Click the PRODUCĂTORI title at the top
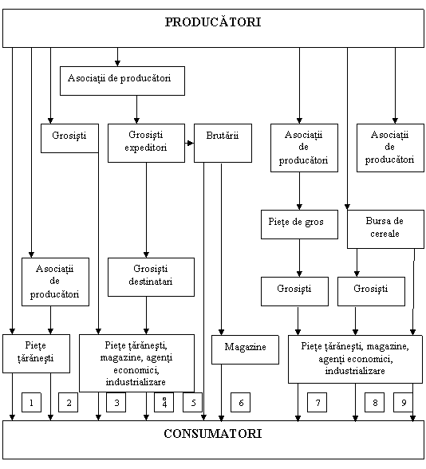tap(213, 22)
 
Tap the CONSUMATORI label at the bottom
tap(213, 434)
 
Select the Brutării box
tap(223, 144)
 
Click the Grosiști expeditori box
tap(146, 144)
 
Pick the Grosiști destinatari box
tap(151, 278)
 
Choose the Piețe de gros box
tap(299, 224)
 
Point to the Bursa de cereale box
tap(385, 229)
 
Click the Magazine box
tap(246, 349)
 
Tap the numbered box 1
tap(31, 402)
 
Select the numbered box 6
tap(241, 402)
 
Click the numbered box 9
tap(404, 402)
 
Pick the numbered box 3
tap(116, 402)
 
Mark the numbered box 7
tap(318, 402)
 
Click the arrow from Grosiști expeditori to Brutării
tap(189, 144)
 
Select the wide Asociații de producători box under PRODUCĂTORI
tap(122, 81)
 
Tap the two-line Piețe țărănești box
tap(36, 354)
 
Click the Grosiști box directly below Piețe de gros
tap(294, 291)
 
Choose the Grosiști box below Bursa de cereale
tap(371, 291)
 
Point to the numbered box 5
tap(193, 402)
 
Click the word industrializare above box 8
tap(355, 371)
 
